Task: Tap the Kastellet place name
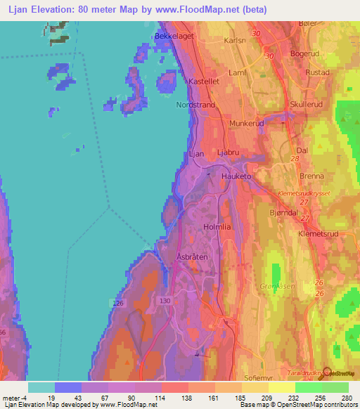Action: coord(204,82)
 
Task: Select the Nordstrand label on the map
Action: coord(195,105)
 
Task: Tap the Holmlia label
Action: coord(217,227)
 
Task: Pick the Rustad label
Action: coord(318,72)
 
